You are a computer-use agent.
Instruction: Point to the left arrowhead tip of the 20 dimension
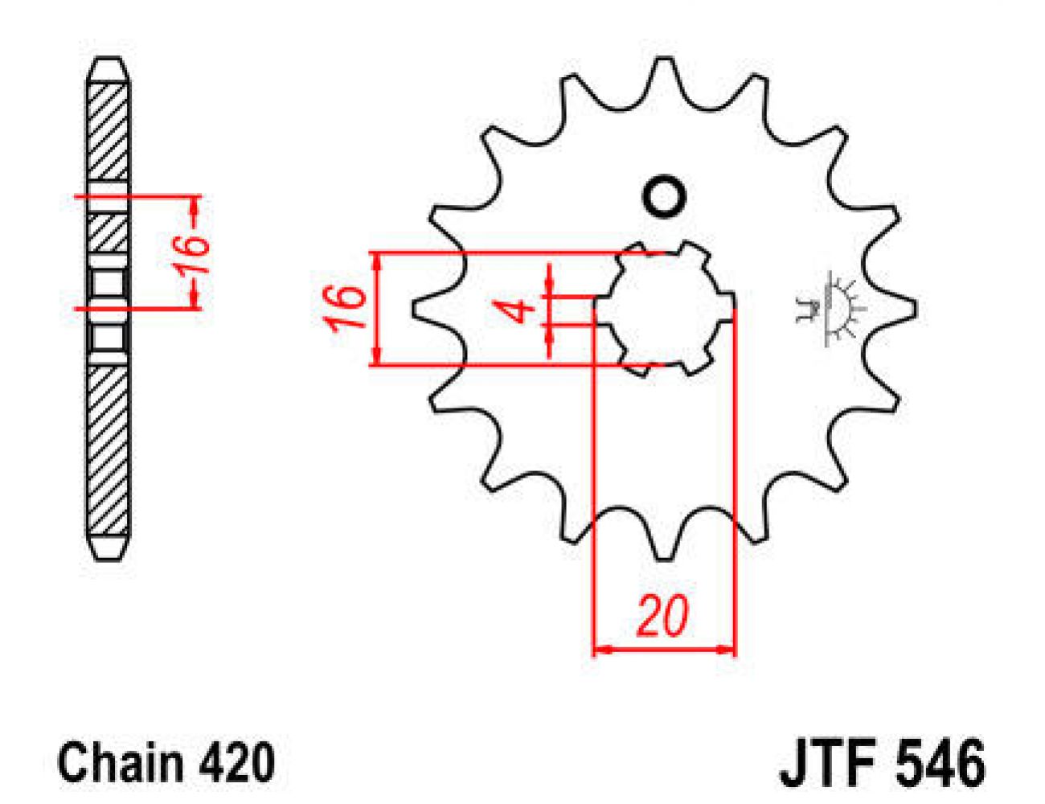tap(595, 650)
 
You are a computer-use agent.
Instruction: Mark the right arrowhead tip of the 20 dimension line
tap(734, 650)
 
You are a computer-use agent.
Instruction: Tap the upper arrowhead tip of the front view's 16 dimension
tap(377, 253)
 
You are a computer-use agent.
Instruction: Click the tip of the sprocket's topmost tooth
tap(664, 58)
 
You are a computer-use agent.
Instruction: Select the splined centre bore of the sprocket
tap(664, 309)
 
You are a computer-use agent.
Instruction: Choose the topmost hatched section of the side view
tap(109, 131)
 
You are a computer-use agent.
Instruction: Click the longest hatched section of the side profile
tap(109, 450)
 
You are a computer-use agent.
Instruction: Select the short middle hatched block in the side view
tap(109, 234)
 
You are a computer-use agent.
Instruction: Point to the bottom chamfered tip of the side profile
tap(109, 560)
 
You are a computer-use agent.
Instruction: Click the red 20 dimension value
tap(662, 616)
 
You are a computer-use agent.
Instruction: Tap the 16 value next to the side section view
tap(192, 255)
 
